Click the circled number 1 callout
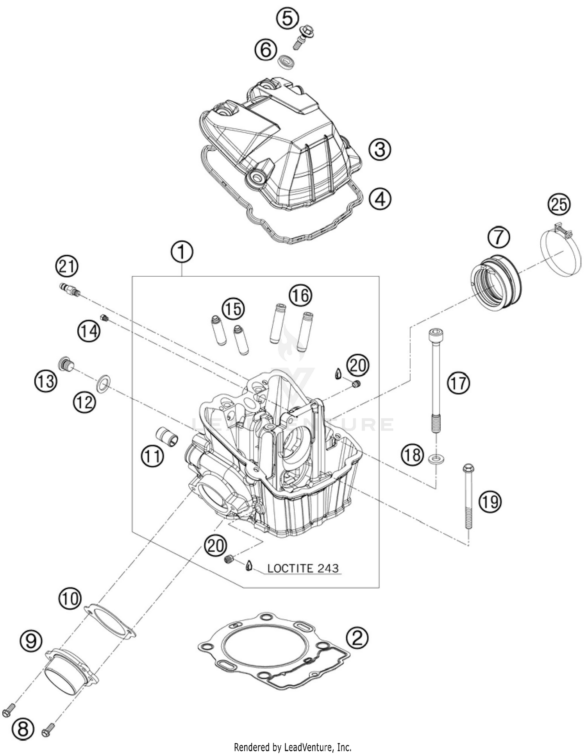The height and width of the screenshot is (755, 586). (x=182, y=253)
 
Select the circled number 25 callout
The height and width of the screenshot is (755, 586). (x=559, y=204)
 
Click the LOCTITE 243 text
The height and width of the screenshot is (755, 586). (x=303, y=568)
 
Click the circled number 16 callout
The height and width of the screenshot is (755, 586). (x=300, y=295)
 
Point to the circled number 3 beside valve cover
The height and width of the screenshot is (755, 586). (x=379, y=149)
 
